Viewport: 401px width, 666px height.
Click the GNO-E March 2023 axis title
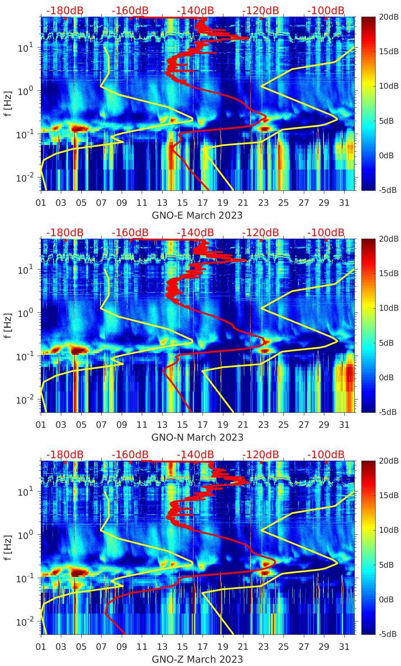tap(197, 215)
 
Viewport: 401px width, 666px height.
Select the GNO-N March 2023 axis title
tap(197, 437)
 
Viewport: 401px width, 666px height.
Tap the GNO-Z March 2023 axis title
tap(197, 659)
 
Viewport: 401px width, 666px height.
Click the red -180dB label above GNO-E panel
tap(65, 10)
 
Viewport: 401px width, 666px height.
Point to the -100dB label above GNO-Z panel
tap(326, 454)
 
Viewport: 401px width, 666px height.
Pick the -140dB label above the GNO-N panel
tap(195, 232)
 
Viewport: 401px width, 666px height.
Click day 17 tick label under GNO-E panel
tap(203, 203)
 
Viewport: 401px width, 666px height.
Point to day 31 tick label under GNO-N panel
tap(344, 425)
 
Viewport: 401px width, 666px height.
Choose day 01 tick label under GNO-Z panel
tap(41, 647)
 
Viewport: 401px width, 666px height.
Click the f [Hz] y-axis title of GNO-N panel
tap(8, 325)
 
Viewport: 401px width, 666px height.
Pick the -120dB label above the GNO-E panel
tap(261, 10)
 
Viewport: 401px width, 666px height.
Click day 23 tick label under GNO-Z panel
tap(263, 647)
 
